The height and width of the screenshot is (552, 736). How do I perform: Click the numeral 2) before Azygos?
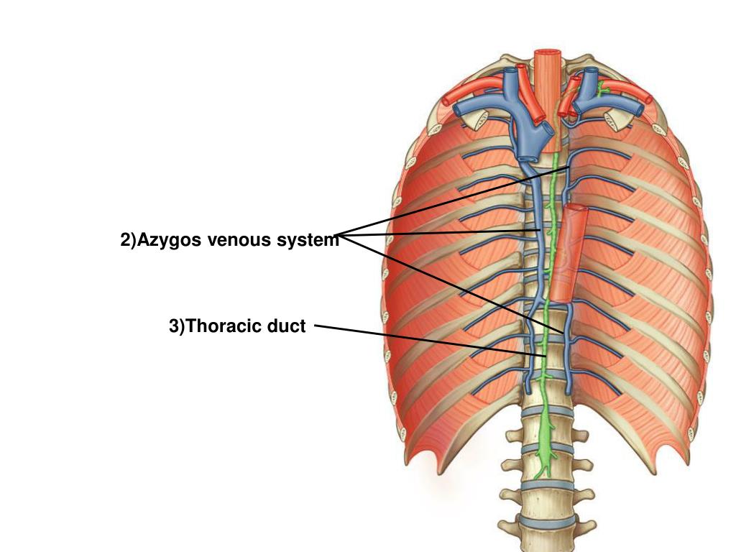point(128,240)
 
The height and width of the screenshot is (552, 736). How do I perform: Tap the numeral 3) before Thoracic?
point(177,326)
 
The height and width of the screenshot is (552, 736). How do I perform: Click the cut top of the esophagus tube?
point(548,54)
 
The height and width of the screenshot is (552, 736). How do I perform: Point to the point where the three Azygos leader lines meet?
point(338,235)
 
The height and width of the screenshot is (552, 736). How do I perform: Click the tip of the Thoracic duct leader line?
point(546,356)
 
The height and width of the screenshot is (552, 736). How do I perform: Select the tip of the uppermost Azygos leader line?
point(571,167)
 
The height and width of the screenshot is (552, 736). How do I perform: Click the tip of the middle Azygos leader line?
point(540,231)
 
